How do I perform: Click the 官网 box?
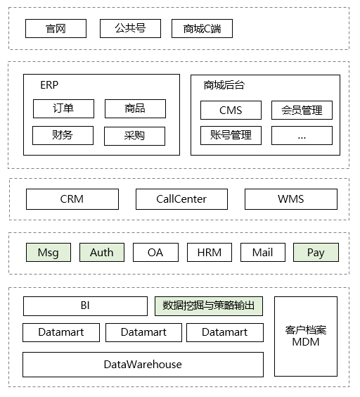[56, 28]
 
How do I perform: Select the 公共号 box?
[131, 28]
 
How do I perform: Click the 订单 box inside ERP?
[63, 108]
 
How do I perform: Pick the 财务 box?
[63, 135]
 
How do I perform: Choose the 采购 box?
[134, 135]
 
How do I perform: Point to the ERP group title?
[49, 84]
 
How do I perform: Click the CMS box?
[231, 110]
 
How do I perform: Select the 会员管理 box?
[302, 110]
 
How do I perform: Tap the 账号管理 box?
[231, 135]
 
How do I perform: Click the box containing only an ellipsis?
[302, 135]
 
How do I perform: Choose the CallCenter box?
[181, 199]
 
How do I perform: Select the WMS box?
[290, 199]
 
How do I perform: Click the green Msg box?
[49, 252]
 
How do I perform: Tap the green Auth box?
[102, 252]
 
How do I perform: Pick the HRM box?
[209, 252]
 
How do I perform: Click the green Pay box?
[316, 252]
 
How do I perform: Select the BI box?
[85, 306]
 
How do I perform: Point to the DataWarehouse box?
[143, 365]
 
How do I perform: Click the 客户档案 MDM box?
[305, 336]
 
